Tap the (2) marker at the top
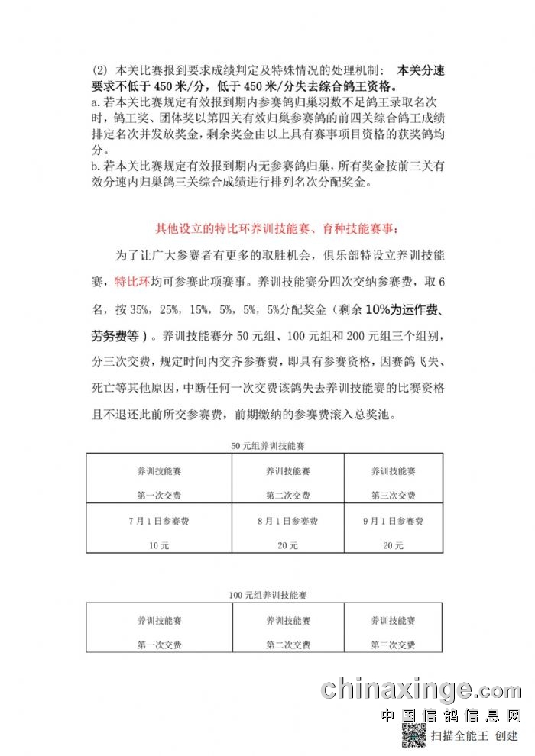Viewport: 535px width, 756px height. point(98,69)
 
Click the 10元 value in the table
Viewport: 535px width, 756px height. point(159,545)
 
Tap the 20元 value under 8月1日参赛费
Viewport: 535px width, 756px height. point(287,545)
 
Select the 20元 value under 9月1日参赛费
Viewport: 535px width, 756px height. point(393,545)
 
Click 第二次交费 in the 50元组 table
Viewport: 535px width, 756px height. point(287,495)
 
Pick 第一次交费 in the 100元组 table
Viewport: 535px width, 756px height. point(159,645)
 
